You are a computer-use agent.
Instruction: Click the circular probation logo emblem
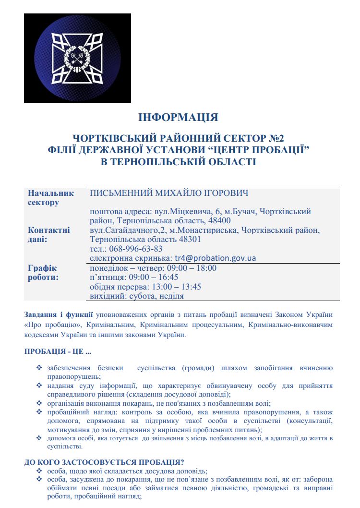point(71,58)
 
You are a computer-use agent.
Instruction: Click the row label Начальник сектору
point(50,197)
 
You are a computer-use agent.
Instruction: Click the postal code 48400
point(219,221)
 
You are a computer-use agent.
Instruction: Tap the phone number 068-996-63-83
point(139,248)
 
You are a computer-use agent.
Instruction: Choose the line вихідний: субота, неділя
point(137,296)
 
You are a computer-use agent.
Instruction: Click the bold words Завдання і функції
point(59,315)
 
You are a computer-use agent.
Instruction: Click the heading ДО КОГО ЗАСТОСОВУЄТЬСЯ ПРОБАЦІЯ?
point(104,462)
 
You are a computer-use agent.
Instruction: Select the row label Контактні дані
point(48,234)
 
